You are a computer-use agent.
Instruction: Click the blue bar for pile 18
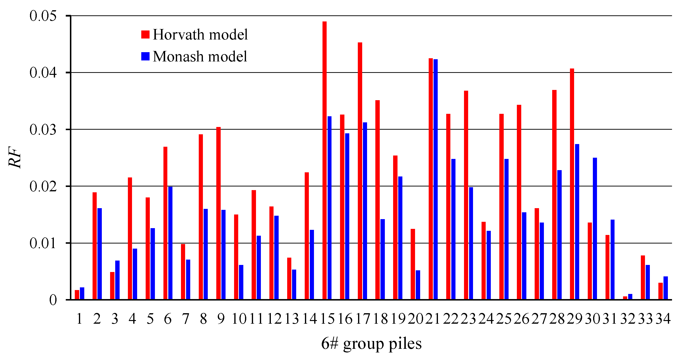[383, 259]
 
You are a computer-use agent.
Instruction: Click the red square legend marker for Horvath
[145, 34]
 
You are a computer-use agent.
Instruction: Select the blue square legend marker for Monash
[145, 56]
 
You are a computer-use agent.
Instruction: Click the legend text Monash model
[200, 56]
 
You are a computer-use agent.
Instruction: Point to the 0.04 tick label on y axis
[43, 73]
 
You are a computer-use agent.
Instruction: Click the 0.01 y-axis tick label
[43, 243]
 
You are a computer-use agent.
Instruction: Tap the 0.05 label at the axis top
[43, 16]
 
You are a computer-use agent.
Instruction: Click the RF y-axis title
[15, 157]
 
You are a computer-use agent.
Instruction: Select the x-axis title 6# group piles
[371, 344]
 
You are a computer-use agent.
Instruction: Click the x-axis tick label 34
[663, 319]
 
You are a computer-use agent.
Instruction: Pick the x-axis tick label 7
[186, 319]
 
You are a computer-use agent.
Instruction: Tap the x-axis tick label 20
[415, 319]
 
